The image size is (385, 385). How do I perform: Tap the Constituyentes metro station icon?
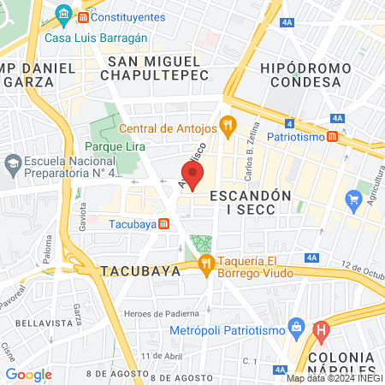click(82, 15)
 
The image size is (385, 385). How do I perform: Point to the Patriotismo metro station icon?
click(331, 135)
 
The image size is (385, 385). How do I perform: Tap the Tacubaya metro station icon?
click(163, 224)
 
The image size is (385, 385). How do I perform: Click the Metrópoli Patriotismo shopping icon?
click(296, 326)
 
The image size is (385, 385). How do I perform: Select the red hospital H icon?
click(322, 328)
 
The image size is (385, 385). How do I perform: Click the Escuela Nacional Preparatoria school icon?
click(13, 163)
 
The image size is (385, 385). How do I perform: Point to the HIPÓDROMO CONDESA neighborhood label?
click(307, 74)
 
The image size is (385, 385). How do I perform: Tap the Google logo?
click(29, 374)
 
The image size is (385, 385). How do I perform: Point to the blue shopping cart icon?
click(353, 201)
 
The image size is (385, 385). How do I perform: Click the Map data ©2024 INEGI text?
click(334, 378)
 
